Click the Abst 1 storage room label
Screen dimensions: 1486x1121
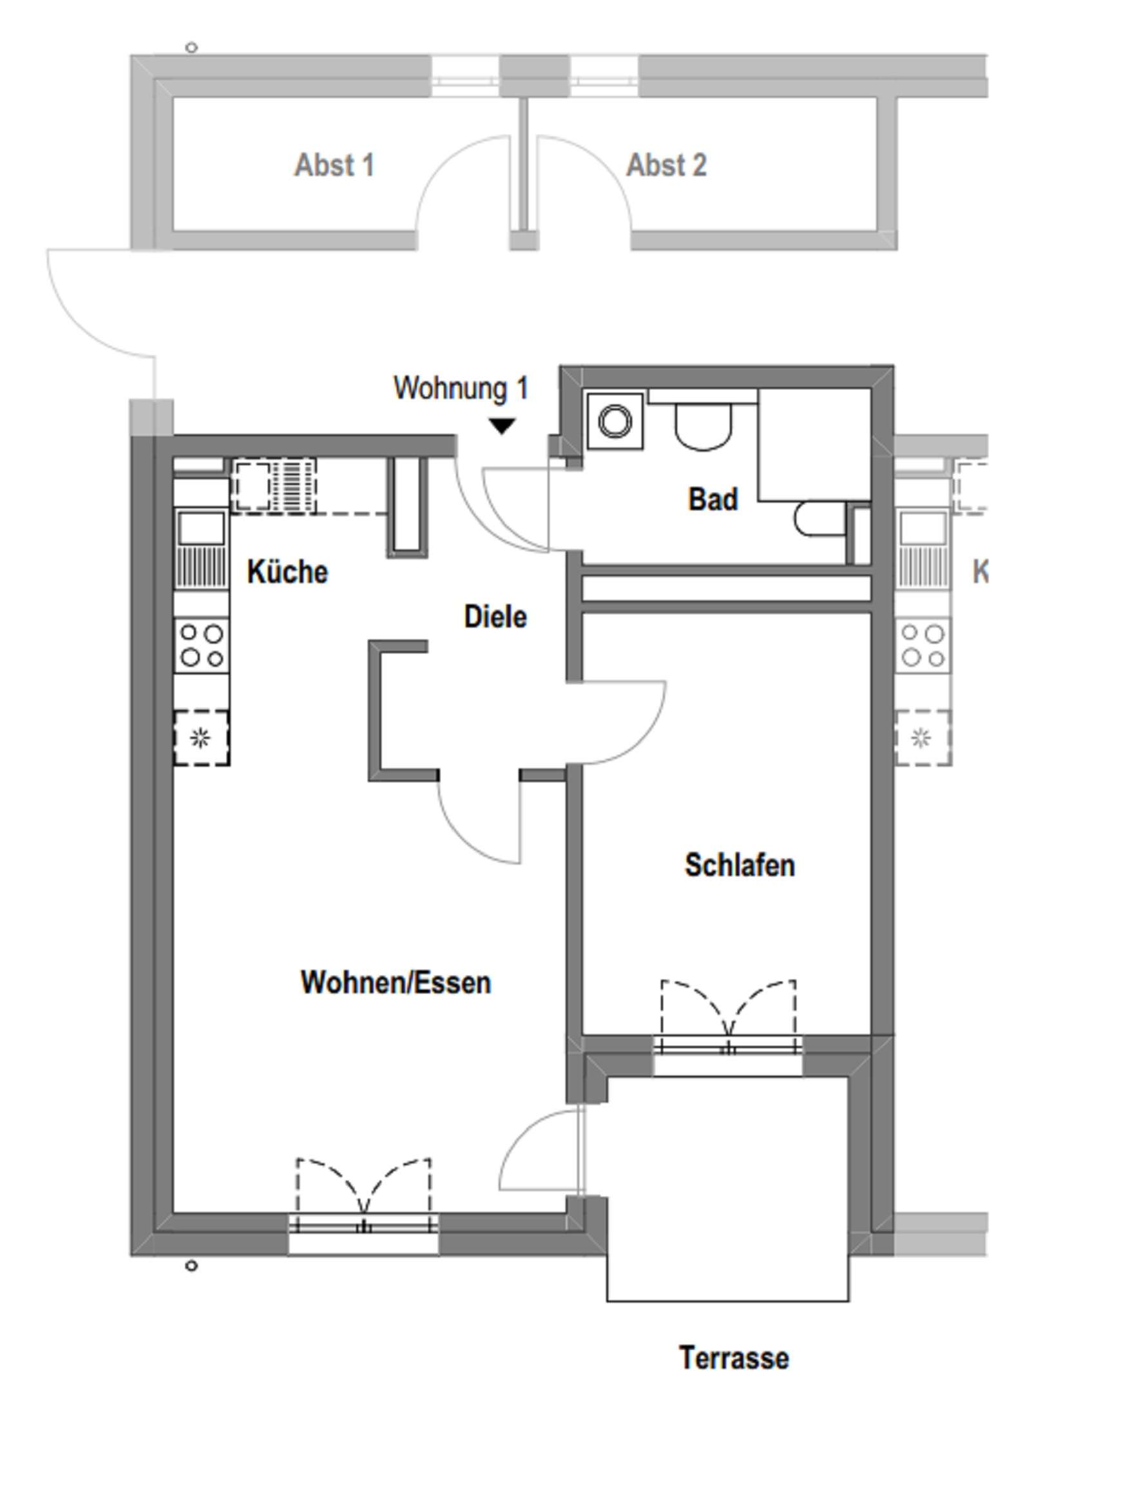(334, 166)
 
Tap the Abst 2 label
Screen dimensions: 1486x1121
(666, 166)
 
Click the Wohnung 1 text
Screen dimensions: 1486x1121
(461, 388)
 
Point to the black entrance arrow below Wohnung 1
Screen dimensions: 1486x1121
(501, 426)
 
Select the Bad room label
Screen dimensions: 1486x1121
(713, 499)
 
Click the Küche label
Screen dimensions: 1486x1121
(287, 572)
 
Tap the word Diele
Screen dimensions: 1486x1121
(495, 616)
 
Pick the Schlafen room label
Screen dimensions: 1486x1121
(739, 864)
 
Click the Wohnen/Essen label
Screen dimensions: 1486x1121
(395, 982)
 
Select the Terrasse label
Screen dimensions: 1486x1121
(734, 1357)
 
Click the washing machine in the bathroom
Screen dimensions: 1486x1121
(615, 422)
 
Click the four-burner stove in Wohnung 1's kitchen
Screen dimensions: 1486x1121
(202, 645)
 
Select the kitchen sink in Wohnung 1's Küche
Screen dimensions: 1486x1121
(201, 528)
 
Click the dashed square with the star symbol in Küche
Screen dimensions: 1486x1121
(201, 738)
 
